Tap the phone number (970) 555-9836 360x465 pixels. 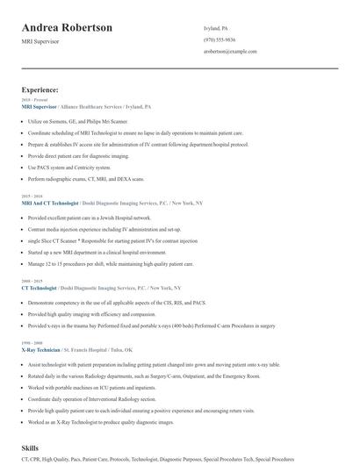click(219, 39)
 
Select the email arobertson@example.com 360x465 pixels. click(230, 52)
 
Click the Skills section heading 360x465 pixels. click(32, 447)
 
